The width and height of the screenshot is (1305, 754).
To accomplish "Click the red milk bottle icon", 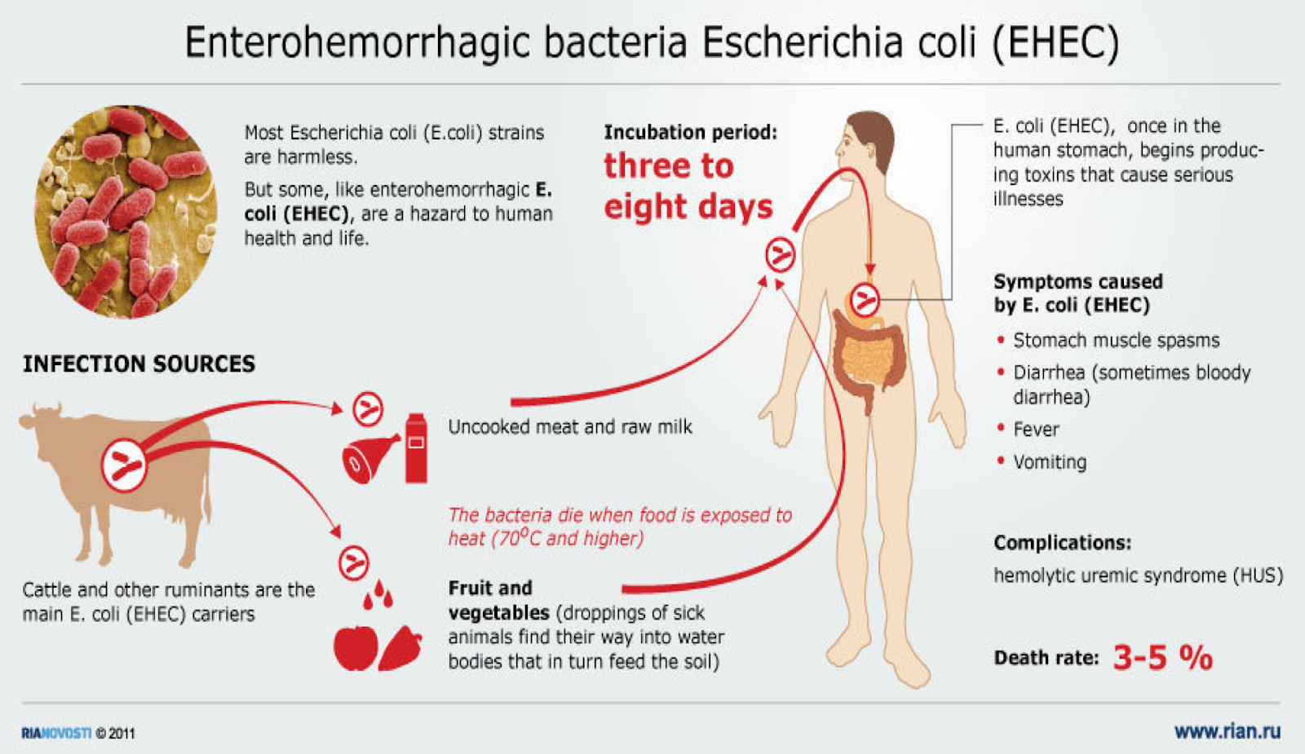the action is [416, 448].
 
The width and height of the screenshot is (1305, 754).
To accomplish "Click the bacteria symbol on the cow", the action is [124, 466].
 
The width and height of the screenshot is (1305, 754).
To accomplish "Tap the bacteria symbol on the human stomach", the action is [865, 301].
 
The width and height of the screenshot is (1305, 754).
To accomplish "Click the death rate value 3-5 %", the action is [1162, 657].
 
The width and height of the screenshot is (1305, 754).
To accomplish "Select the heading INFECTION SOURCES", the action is [139, 364].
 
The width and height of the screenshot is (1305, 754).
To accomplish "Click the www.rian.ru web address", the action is [1227, 731].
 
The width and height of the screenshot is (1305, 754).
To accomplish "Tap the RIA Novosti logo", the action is [56, 733].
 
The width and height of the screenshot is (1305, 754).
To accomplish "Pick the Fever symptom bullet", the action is [1036, 430].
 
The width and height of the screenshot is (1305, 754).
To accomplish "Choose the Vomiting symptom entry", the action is [1049, 462].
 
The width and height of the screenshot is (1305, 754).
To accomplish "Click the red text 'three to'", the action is [669, 166].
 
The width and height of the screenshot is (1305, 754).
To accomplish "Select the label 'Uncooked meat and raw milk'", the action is [570, 427].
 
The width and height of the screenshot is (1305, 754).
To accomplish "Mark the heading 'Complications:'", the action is [1062, 543].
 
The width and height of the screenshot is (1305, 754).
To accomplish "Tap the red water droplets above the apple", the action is [378, 595].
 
